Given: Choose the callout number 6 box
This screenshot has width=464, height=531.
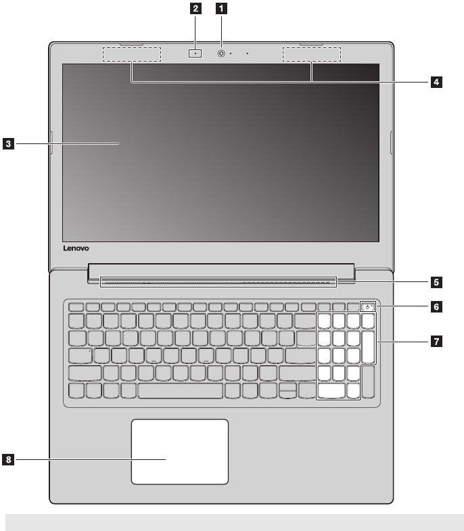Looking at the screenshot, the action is (x=437, y=306).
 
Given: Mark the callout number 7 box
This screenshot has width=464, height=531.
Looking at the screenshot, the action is (x=437, y=342).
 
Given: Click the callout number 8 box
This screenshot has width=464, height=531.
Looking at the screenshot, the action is (x=8, y=460).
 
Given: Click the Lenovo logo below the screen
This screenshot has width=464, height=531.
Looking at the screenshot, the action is (x=76, y=249).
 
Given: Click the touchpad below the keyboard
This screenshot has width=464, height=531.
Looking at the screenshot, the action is (x=179, y=451).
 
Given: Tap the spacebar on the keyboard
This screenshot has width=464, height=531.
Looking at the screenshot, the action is (x=181, y=390).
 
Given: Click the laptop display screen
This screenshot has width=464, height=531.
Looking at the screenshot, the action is (x=220, y=153).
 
